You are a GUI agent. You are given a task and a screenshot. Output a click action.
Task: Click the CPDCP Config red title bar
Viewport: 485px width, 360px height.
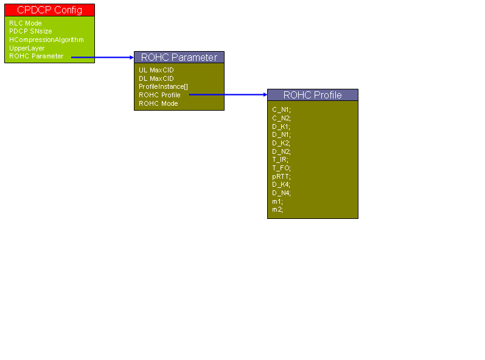click(49, 10)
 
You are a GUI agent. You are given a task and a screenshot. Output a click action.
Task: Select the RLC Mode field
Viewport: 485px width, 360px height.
click(26, 23)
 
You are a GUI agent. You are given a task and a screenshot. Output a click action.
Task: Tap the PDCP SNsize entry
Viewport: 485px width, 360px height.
click(30, 31)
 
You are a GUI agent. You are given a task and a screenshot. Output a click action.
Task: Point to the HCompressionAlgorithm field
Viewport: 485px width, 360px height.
click(46, 40)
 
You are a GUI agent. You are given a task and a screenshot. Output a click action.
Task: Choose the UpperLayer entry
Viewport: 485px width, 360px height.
click(27, 48)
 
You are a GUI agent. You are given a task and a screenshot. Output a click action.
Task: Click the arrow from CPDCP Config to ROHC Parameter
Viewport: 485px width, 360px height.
click(102, 57)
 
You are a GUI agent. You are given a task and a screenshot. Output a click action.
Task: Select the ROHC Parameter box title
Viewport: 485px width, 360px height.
click(179, 57)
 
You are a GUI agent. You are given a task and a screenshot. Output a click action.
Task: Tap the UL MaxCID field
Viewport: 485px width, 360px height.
click(156, 70)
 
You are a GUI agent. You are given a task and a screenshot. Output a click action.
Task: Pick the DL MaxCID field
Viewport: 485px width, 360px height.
click(156, 78)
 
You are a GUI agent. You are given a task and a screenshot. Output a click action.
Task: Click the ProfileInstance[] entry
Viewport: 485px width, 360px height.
click(163, 86)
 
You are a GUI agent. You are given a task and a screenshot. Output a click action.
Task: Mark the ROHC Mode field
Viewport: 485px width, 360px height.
click(158, 103)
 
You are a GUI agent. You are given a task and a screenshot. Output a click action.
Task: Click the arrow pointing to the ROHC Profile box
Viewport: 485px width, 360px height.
click(228, 94)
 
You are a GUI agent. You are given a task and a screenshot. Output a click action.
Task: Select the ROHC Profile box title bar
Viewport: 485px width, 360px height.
click(313, 95)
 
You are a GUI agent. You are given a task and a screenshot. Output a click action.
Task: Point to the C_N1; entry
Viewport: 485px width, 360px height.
click(282, 109)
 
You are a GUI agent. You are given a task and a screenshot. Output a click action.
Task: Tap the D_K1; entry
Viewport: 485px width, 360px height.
click(281, 126)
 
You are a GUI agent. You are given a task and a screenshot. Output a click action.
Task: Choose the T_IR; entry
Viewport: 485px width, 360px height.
click(281, 160)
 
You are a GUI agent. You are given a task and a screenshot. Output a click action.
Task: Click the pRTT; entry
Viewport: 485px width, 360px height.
click(282, 176)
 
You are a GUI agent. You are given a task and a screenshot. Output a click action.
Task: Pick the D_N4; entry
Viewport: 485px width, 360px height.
click(282, 193)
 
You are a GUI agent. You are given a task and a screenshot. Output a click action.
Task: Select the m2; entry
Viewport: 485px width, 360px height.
click(277, 210)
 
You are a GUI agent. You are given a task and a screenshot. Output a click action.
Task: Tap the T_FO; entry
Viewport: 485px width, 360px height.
click(282, 168)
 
